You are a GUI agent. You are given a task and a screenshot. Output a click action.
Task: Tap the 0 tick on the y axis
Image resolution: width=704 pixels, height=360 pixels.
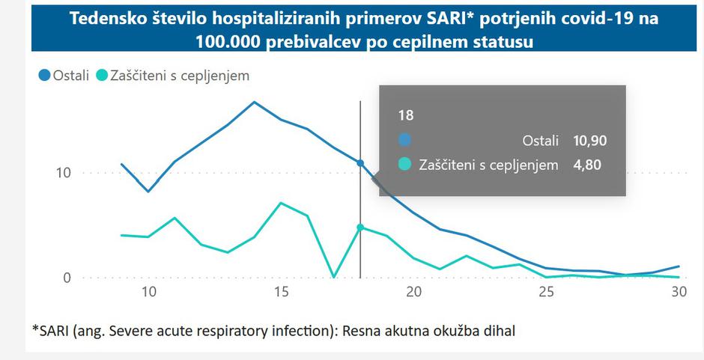pos(66,278)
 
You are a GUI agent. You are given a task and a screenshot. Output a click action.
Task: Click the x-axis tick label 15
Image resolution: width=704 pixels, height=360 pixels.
pos(281,293)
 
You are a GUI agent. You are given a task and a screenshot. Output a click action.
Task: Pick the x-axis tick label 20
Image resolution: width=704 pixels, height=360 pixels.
pos(413,293)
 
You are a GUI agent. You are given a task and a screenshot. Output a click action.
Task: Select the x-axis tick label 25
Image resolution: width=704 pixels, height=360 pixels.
pos(546,293)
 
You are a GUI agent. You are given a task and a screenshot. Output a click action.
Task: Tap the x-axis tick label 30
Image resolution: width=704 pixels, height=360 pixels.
pos(679,293)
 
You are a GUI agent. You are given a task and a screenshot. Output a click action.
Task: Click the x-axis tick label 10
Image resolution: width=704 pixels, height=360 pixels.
pos(148,293)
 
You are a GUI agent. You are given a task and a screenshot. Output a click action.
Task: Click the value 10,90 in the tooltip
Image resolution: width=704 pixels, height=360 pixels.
pos(589,140)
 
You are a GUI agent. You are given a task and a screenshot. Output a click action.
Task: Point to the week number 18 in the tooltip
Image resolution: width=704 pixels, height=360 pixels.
pos(405,115)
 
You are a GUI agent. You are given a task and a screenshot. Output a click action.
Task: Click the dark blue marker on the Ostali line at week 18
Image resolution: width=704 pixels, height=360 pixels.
pos(360,163)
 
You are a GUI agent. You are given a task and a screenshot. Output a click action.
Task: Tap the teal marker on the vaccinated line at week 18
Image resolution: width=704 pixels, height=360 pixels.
pos(360,228)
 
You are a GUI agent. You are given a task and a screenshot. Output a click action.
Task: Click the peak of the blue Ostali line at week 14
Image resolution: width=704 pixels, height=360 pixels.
pos(255,102)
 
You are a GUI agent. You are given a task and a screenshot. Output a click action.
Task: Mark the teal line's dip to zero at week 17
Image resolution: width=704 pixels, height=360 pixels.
pos(334,277)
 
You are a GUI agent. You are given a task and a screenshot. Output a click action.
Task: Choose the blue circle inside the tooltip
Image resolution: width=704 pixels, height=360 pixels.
pos(405,140)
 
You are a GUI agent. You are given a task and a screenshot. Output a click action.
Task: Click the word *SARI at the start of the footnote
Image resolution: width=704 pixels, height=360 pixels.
pos(49,329)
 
